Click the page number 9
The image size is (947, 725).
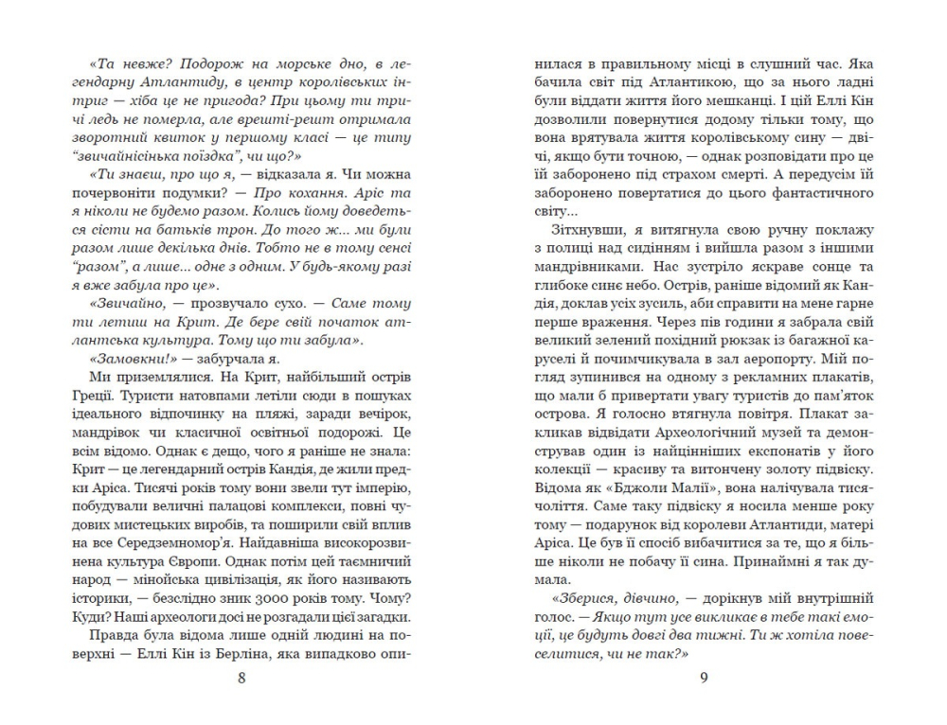click(x=704, y=677)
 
